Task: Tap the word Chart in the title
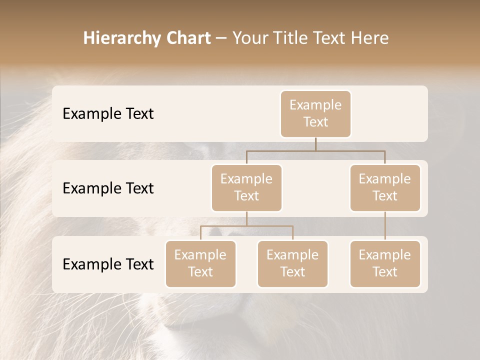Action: tap(186, 38)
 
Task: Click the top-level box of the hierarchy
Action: tap(315, 113)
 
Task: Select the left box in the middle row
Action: tap(246, 187)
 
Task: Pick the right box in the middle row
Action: tap(385, 187)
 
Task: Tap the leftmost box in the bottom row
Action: tap(200, 263)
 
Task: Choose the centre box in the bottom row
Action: tap(292, 263)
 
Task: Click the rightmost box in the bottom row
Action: tap(385, 263)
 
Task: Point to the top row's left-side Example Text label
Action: tap(108, 114)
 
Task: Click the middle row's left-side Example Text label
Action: tap(108, 188)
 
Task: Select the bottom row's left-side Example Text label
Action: tap(108, 264)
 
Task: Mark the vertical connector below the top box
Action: tap(315, 144)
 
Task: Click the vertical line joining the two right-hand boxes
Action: tap(385, 226)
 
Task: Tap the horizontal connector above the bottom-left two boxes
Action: tap(246, 226)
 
